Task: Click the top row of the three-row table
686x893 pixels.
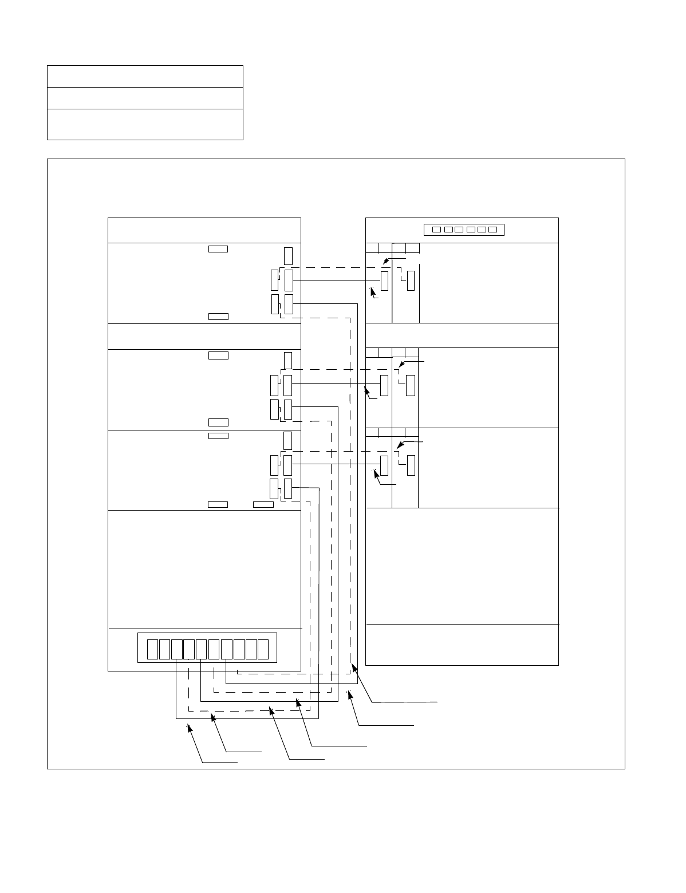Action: pyautogui.click(x=145, y=76)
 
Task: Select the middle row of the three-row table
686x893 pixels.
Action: pyautogui.click(x=145, y=98)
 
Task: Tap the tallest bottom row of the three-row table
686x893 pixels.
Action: pyautogui.click(x=145, y=124)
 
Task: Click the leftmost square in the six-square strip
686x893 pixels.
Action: pyautogui.click(x=436, y=230)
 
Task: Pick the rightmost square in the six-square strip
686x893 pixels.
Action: pyautogui.click(x=492, y=230)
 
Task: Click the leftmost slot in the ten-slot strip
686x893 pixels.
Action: pyautogui.click(x=152, y=649)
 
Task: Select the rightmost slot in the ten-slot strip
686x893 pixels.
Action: pyautogui.click(x=263, y=649)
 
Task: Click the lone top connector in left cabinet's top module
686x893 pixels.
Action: pyautogui.click(x=288, y=256)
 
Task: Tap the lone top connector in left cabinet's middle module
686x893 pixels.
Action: pyautogui.click(x=287, y=361)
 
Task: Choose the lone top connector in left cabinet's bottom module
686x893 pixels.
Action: pyautogui.click(x=287, y=441)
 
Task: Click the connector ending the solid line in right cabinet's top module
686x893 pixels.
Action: pyautogui.click(x=384, y=280)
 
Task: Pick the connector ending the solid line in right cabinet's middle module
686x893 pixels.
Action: pyautogui.click(x=384, y=385)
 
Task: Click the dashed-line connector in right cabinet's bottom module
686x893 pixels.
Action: pyautogui.click(x=410, y=466)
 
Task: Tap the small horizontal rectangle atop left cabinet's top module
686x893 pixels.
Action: pyautogui.click(x=218, y=249)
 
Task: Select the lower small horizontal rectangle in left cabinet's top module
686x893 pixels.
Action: pyautogui.click(x=218, y=317)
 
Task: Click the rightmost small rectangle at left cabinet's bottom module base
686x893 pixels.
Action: pyautogui.click(x=263, y=504)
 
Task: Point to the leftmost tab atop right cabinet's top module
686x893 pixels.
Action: pyautogui.click(x=372, y=248)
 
